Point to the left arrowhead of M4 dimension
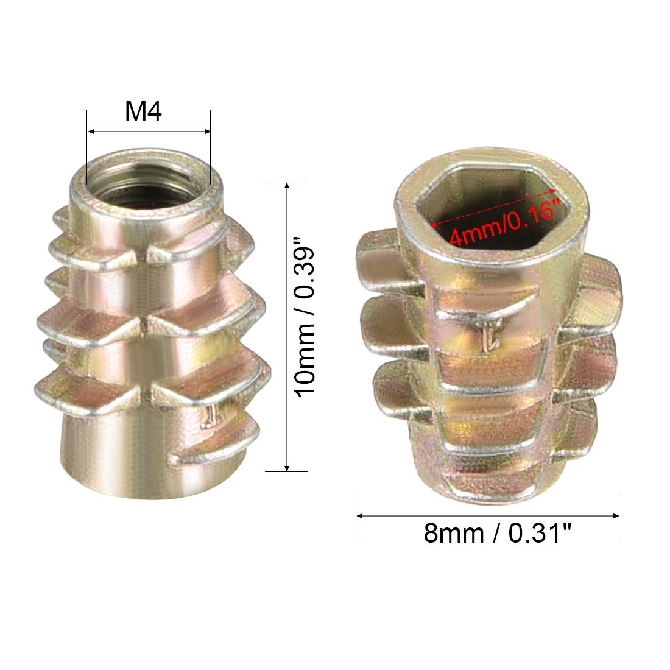pyautogui.click(x=91, y=131)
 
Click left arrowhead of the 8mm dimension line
pyautogui.click(x=360, y=516)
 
